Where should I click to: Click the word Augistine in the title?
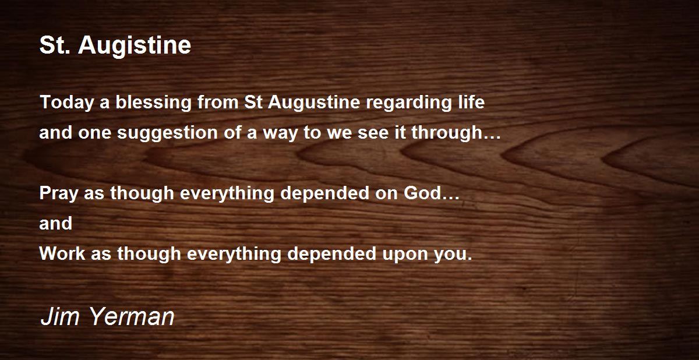click(x=135, y=46)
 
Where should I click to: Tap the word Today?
click(x=67, y=103)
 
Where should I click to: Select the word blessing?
click(x=154, y=103)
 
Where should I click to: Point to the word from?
click(x=218, y=103)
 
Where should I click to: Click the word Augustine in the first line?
click(x=314, y=103)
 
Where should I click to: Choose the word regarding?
click(x=409, y=103)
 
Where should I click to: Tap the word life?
click(x=471, y=102)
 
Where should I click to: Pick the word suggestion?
click(x=167, y=133)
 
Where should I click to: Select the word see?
click(x=373, y=133)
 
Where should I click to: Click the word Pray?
click(x=59, y=193)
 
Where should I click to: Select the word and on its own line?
click(x=56, y=223)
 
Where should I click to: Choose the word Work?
click(x=62, y=253)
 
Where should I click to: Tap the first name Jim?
click(x=60, y=316)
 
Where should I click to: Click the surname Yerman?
click(x=132, y=316)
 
